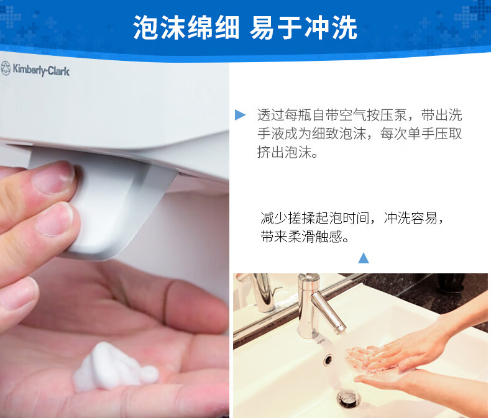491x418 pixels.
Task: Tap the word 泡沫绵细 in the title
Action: [x=187, y=28]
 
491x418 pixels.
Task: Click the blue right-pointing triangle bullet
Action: [x=240, y=116]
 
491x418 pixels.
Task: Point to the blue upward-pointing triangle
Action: [x=364, y=257]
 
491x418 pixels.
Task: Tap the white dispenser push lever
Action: [x=112, y=205]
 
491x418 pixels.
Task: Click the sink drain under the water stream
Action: [x=347, y=398]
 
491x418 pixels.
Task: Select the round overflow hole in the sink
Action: [x=328, y=358]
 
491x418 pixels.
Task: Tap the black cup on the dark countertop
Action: [x=451, y=283]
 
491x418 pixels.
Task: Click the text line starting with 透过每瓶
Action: [x=359, y=116]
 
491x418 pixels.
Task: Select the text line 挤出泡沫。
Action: [x=287, y=153]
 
